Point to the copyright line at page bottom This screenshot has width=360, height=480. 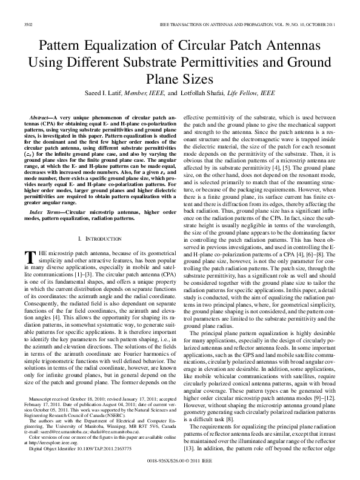pos(180,461)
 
